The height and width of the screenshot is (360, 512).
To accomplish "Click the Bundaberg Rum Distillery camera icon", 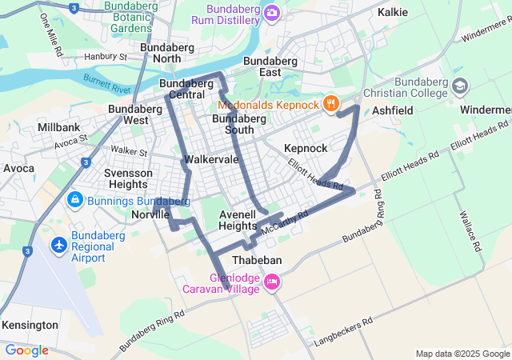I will point(271,12).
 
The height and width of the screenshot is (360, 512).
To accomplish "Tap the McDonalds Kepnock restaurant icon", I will point(330,103).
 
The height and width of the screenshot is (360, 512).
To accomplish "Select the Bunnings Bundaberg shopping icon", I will point(74,198).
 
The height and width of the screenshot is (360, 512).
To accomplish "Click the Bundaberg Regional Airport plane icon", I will point(58,244).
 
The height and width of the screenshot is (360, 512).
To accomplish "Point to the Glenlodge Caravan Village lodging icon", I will point(271,282).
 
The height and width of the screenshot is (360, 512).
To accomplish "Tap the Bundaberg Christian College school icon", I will point(460,85).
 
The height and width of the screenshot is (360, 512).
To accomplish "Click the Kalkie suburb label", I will point(392,12).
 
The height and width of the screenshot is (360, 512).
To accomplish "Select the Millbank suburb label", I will point(58,127).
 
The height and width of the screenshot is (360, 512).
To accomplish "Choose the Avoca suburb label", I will point(18,169).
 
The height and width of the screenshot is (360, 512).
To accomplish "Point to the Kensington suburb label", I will point(30,326).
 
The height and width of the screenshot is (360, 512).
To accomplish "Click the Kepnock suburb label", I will point(306,149).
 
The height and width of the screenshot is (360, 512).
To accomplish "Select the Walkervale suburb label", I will point(211,159).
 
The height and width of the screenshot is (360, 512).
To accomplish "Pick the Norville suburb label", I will point(150,214).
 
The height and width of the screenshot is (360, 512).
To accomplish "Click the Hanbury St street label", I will point(106,57).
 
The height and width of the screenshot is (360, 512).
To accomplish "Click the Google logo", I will point(26,350).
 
